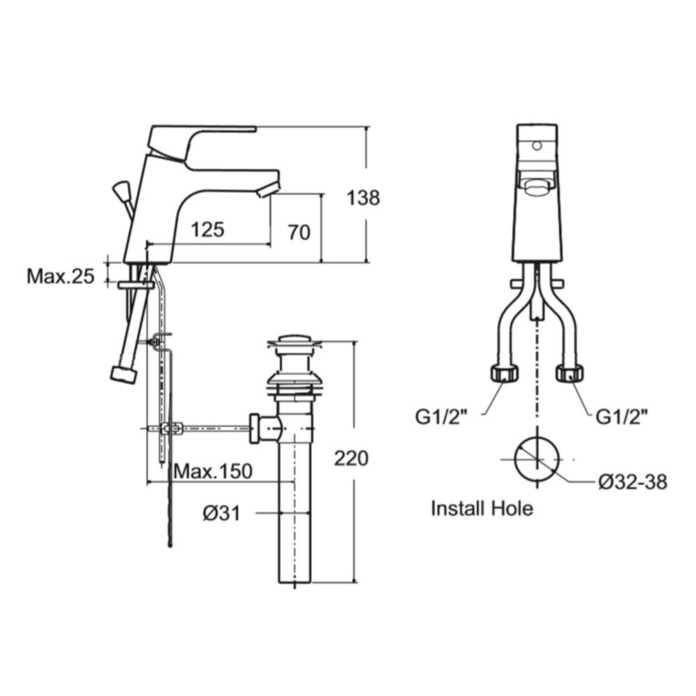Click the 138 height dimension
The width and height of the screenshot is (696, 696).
pyautogui.click(x=363, y=198)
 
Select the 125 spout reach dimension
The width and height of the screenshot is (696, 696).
pyautogui.click(x=207, y=230)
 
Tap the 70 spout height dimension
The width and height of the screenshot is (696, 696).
pyautogui.click(x=299, y=232)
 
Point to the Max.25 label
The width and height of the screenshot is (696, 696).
pyautogui.click(x=61, y=276)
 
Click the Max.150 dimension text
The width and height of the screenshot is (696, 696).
pyautogui.click(x=213, y=471)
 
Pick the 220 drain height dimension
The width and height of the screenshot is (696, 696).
pyautogui.click(x=351, y=458)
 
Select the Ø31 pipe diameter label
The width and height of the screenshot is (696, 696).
pyautogui.click(x=221, y=514)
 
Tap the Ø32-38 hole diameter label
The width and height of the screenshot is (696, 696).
pyautogui.click(x=633, y=482)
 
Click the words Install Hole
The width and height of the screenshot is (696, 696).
pyautogui.click(x=482, y=508)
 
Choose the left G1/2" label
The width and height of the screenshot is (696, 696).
pyautogui.click(x=441, y=417)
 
